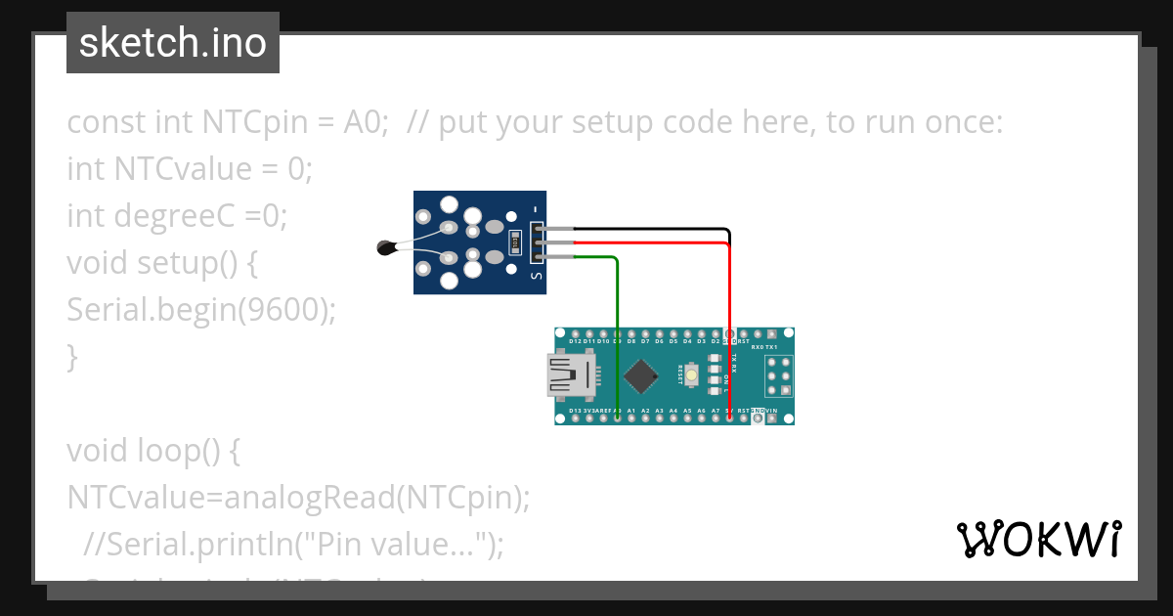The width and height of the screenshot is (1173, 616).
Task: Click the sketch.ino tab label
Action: pyautogui.click(x=172, y=43)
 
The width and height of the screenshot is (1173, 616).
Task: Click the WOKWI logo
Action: pyautogui.click(x=1038, y=539)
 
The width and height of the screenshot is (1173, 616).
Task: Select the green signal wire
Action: pyautogui.click(x=617, y=323)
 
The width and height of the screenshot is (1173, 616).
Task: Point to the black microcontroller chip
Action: pyautogui.click(x=640, y=375)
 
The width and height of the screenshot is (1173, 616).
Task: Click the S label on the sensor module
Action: pyautogui.click(x=535, y=277)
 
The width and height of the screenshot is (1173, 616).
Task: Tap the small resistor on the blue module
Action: pyautogui.click(x=516, y=242)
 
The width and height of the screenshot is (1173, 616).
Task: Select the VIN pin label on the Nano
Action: pyautogui.click(x=772, y=412)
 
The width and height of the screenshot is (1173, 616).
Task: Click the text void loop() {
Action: pyautogui.click(x=152, y=451)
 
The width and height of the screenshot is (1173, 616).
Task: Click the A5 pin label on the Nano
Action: pyautogui.click(x=687, y=412)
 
